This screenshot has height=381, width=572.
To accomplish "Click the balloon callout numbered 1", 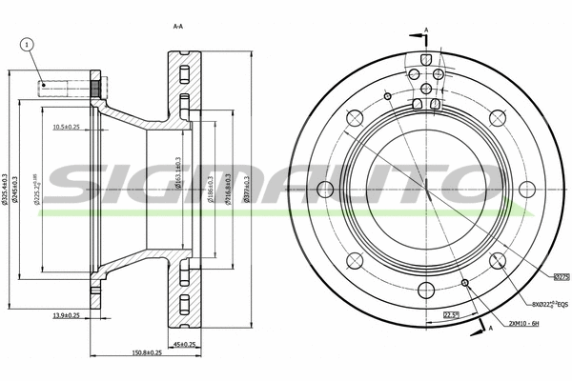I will click(27, 44).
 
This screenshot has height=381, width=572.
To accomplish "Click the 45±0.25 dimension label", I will click(183, 343).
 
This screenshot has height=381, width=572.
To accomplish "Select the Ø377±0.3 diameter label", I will click(246, 191).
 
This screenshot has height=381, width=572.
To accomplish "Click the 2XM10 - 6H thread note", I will click(523, 324).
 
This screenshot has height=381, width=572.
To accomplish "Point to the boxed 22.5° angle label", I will click(452, 315).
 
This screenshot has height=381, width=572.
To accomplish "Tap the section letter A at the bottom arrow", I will click(490, 328).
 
